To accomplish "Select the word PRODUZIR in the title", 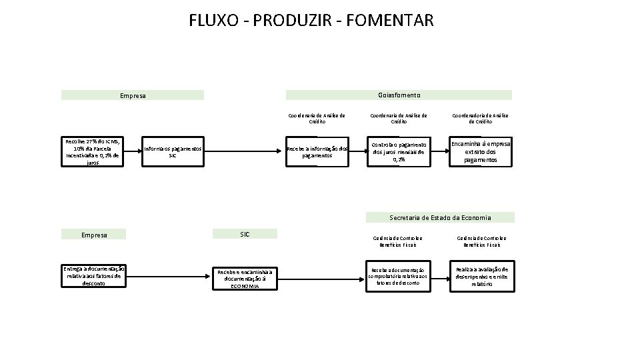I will pyautogui.click(x=299, y=21).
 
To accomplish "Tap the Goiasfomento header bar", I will pyautogui.click(x=399, y=95).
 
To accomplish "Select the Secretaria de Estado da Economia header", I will pyautogui.click(x=440, y=217).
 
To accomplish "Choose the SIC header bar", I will pyautogui.click(x=245, y=233).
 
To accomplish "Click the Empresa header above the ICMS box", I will pyautogui.click(x=132, y=95).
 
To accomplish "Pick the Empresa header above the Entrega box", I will pyautogui.click(x=94, y=234).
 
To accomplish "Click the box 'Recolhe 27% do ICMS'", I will pyautogui.click(x=93, y=151).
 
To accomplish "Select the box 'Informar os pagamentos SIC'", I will pyautogui.click(x=173, y=152).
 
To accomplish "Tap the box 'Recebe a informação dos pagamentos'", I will pyautogui.click(x=317, y=152).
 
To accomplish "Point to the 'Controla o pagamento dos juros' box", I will pyautogui.click(x=399, y=152).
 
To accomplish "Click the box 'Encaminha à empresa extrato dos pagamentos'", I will pyautogui.click(x=480, y=152).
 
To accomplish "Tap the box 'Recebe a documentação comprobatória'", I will pyautogui.click(x=398, y=276).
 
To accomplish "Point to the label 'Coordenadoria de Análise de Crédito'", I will pyautogui.click(x=480, y=119).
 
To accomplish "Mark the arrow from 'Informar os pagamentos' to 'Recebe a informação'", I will pyautogui.click(x=243, y=152).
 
